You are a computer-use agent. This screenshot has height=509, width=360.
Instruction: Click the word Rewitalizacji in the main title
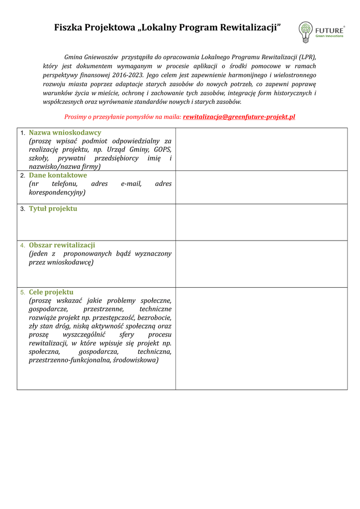pos(246,28)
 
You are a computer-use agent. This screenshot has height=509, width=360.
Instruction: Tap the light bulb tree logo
pos(305,32)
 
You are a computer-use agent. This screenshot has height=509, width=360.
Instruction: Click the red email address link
pos(239,117)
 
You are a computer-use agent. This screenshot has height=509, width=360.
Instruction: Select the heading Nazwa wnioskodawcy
pos(65,133)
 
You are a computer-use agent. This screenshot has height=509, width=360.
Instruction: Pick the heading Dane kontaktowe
pos(58,175)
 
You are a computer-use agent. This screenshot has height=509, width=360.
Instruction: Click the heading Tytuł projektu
pos(53,209)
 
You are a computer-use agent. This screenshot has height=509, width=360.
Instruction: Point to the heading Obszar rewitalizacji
pos(62,245)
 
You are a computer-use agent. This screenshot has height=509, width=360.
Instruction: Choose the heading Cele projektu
pos(51,292)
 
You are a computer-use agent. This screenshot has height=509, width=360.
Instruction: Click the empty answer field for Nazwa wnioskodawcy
pos(261,149)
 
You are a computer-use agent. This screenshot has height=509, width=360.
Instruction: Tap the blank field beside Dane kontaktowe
pos(261,187)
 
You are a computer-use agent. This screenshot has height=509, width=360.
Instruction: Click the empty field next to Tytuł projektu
pos(261,222)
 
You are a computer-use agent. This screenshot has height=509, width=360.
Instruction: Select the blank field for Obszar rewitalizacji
pos(261,264)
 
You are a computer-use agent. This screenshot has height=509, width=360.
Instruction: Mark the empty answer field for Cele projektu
pos(261,339)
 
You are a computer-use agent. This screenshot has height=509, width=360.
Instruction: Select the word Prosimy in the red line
pos(75,117)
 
